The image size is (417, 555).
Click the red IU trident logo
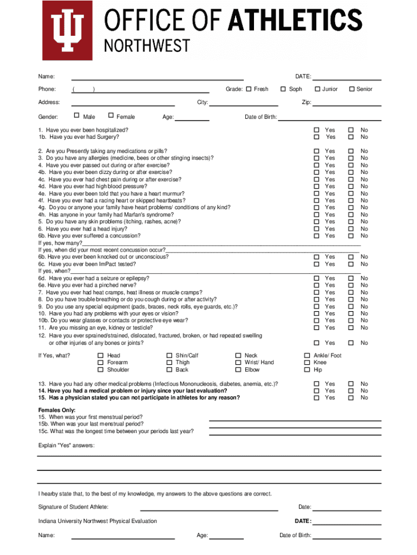pyautogui.click(x=68, y=30)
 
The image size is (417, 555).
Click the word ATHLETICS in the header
pyautogui.click(x=295, y=21)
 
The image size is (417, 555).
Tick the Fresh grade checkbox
pyautogui.click(x=249, y=89)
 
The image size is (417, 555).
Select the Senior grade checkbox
pyautogui.click(x=351, y=89)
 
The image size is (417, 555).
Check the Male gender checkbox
pyautogui.click(x=76, y=115)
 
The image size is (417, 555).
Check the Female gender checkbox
pyautogui.click(x=111, y=115)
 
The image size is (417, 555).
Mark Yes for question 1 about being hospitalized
pyautogui.click(x=317, y=130)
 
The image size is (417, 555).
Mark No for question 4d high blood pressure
pyautogui.click(x=350, y=186)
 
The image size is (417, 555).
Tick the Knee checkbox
pyautogui.click(x=306, y=363)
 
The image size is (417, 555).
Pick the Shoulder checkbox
pyautogui.click(x=100, y=370)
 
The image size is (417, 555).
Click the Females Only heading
pyautogui.click(x=57, y=410)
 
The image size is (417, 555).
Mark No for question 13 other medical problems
pyautogui.click(x=350, y=384)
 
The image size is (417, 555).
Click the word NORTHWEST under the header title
pyautogui.click(x=147, y=46)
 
